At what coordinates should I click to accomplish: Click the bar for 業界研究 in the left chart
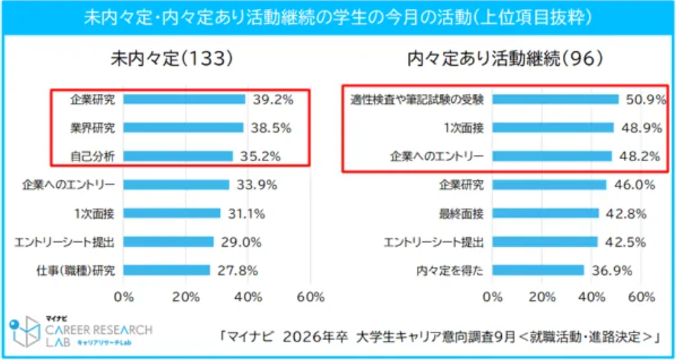coord(183,128)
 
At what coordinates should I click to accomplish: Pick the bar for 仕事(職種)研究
coord(167,270)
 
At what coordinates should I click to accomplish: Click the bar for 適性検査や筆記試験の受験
coord(555,99)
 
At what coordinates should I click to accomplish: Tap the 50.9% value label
coord(645,99)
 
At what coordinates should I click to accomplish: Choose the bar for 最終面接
coord(545,213)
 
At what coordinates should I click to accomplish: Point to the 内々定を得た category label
coord(450,270)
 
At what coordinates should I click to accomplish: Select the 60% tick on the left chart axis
coord(311,297)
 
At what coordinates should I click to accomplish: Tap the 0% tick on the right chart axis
coord(492,297)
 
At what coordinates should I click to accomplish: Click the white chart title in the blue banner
coord(338,14)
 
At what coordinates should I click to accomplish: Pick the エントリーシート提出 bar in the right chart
coord(544,241)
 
